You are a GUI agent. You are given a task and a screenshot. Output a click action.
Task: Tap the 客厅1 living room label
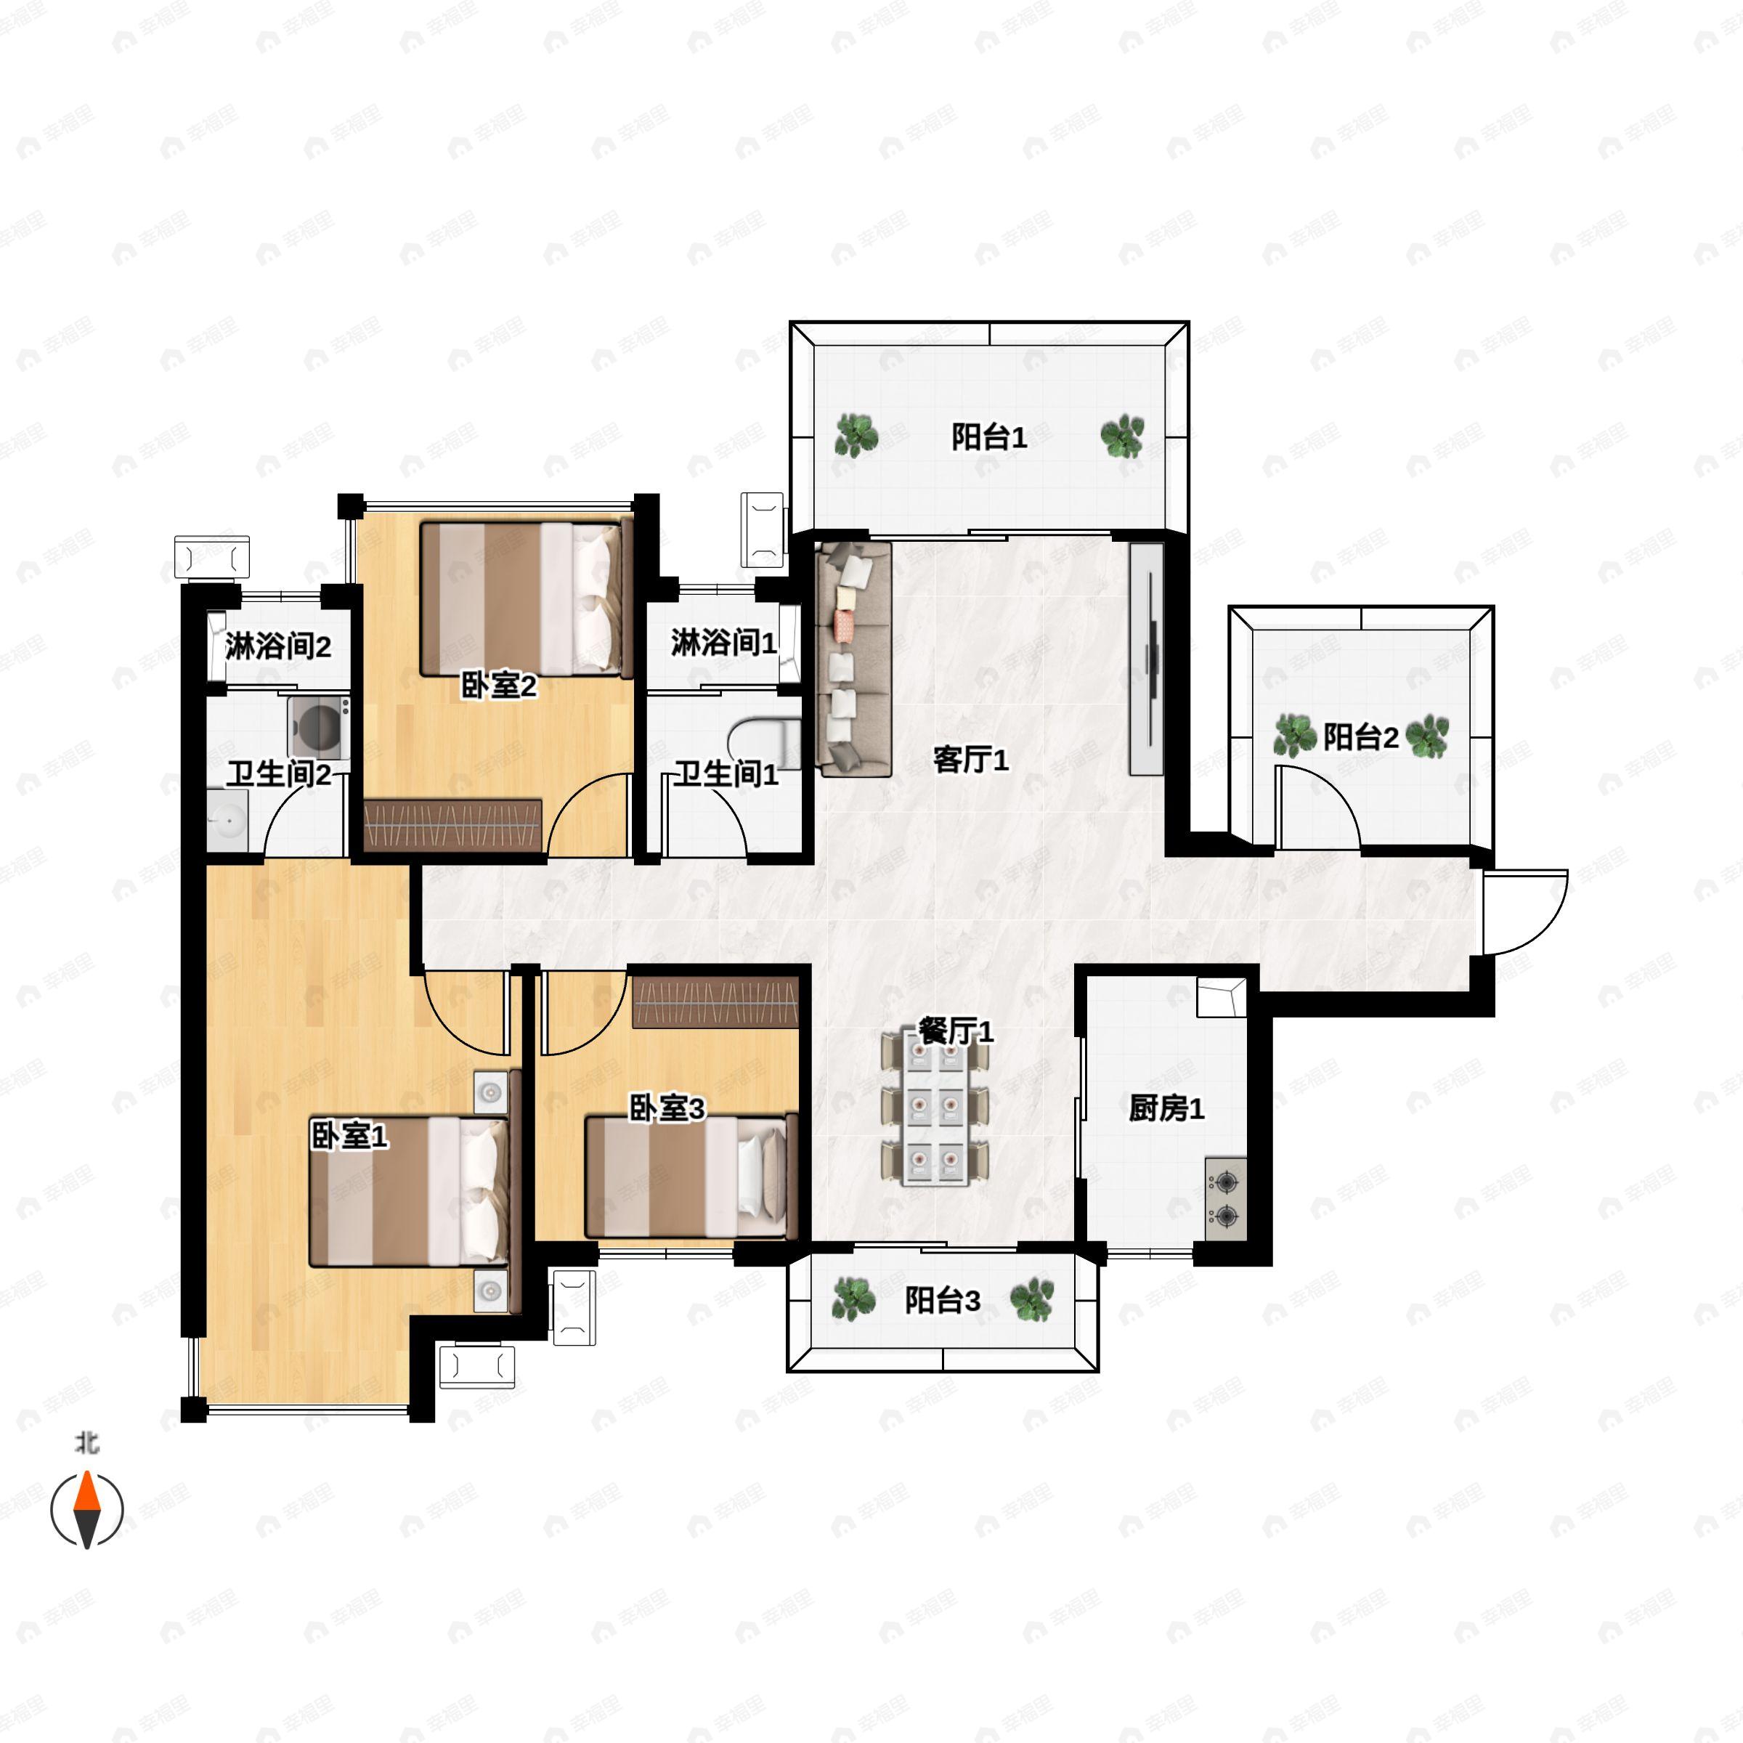pyautogui.click(x=971, y=760)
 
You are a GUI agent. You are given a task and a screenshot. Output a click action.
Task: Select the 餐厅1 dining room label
pyautogui.click(x=956, y=1031)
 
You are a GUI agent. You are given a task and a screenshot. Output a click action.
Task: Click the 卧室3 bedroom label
pyautogui.click(x=667, y=1109)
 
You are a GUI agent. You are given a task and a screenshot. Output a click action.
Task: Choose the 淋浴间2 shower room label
pyautogui.click(x=278, y=646)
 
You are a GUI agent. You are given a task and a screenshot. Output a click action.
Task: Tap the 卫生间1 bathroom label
pyautogui.click(x=726, y=774)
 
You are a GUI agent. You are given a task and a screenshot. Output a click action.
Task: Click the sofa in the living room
pyautogui.click(x=853, y=659)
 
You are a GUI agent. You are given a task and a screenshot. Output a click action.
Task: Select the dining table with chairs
pyautogui.click(x=935, y=1109)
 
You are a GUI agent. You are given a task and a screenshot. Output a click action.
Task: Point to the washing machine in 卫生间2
pyautogui.click(x=320, y=726)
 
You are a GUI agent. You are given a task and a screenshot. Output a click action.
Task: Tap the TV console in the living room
pyautogui.click(x=1147, y=659)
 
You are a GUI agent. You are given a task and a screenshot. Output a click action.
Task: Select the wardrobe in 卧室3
pyautogui.click(x=715, y=1002)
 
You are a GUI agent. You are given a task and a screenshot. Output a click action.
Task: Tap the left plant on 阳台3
pyautogui.click(x=853, y=1300)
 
